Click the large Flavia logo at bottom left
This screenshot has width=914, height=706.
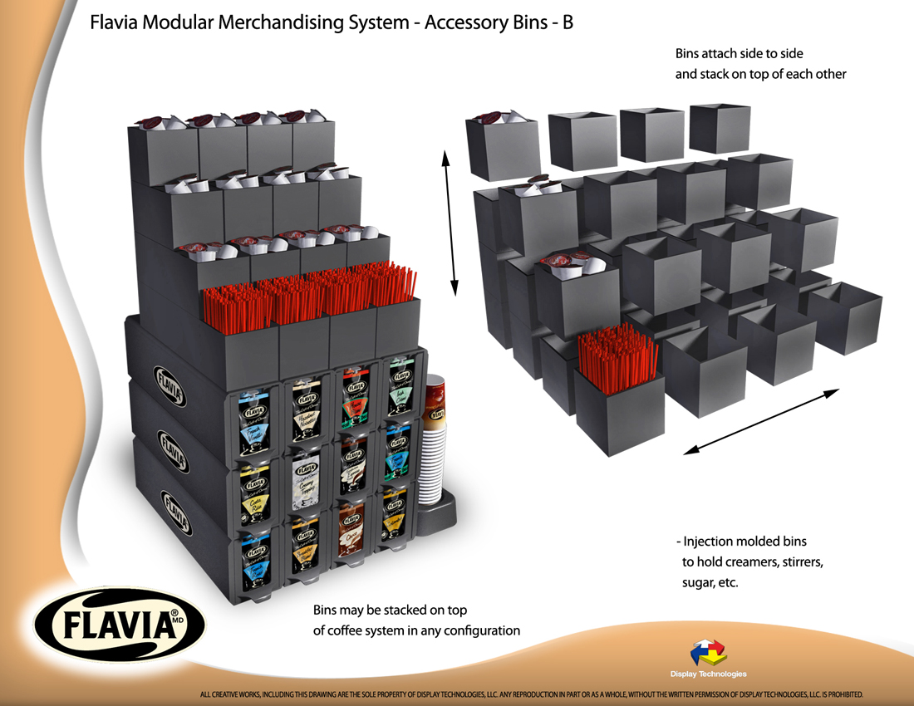click(109, 624)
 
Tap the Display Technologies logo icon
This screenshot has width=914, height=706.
click(708, 653)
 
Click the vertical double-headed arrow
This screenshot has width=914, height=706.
click(450, 223)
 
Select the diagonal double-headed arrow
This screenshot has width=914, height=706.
click(760, 422)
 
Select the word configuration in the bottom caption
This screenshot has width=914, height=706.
click(481, 630)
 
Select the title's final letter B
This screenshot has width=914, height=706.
click(568, 22)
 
